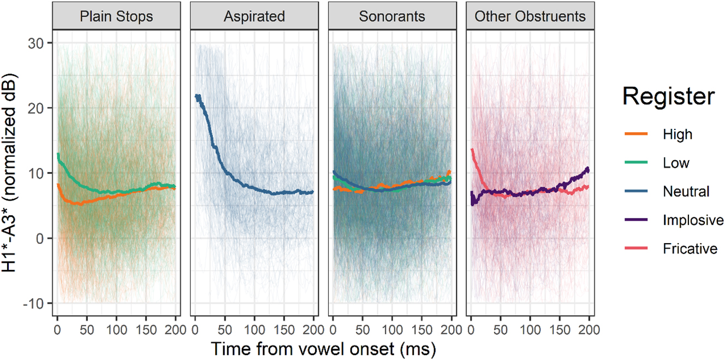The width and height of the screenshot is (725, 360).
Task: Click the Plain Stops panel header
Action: coord(116,16)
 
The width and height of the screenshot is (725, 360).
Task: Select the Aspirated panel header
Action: coord(254,16)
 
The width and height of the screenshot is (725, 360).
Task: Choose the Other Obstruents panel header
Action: coord(530,16)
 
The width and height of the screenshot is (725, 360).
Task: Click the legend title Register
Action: coord(668,97)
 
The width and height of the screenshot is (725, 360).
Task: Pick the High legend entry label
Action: coord(677,134)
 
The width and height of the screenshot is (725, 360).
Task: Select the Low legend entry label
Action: coord(676,163)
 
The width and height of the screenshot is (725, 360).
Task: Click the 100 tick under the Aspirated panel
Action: coord(254,329)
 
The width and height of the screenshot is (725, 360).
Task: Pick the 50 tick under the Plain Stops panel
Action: coord(86,329)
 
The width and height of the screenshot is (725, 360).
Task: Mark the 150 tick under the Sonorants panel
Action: coord(422,329)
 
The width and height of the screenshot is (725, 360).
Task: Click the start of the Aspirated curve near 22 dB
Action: coord(197,97)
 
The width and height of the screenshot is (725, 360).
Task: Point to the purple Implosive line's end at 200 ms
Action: coord(588,169)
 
